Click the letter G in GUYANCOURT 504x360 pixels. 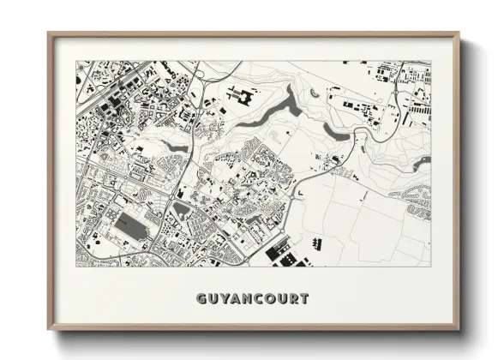201,299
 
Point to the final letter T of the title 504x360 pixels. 303,299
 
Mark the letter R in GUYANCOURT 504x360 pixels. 293,299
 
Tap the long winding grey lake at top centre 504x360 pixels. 266,120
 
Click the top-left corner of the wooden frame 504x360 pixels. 49,34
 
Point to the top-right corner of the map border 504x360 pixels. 430,62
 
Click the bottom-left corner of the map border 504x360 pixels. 76,265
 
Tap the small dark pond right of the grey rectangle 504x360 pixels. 181,212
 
